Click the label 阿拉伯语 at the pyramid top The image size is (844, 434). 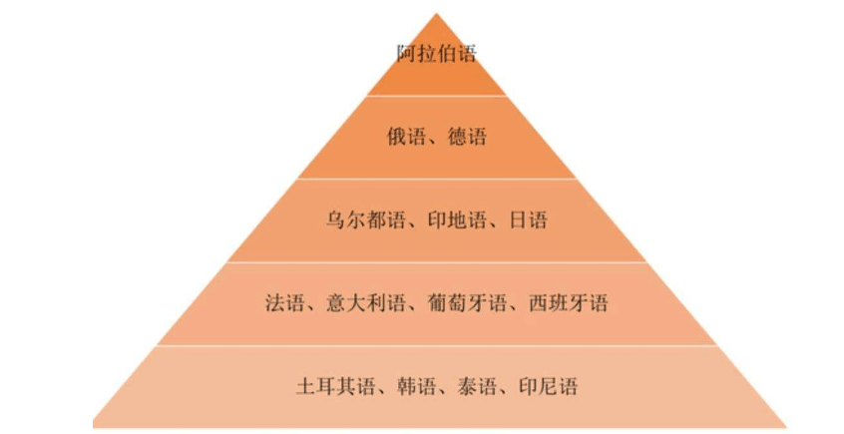click(x=437, y=54)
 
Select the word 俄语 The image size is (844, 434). click(x=406, y=137)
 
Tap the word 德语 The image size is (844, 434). click(x=467, y=137)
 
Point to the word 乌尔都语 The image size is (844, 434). click(x=365, y=220)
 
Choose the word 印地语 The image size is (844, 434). click(x=457, y=220)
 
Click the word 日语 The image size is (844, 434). click(x=528, y=220)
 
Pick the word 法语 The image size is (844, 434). click(x=284, y=303)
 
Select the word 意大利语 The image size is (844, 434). click(x=365, y=303)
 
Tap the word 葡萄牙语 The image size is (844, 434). click(x=467, y=303)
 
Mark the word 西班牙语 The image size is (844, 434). click(x=569, y=303)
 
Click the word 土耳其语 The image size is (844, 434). click(x=335, y=387)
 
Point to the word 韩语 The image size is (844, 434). click(x=417, y=387)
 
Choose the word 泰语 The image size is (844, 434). click(x=477, y=387)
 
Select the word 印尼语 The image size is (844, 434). click(x=548, y=387)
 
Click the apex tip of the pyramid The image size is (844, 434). click(x=437, y=13)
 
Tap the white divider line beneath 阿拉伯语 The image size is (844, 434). click(x=437, y=96)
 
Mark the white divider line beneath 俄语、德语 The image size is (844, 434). click(x=437, y=179)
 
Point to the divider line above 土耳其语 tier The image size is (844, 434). click(x=437, y=345)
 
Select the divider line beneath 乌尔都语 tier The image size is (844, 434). click(x=437, y=262)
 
